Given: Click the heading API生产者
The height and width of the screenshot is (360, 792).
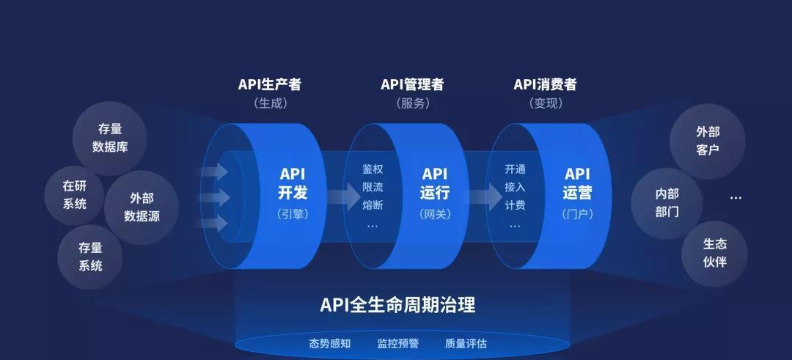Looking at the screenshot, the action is click(270, 84).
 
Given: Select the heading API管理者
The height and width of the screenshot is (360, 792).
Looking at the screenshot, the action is click(412, 84).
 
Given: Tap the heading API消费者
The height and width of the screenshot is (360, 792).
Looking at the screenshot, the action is click(545, 84).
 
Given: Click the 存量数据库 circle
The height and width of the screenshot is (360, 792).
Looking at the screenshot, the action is click(110, 139).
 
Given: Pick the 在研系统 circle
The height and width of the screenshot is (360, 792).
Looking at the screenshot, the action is click(74, 196).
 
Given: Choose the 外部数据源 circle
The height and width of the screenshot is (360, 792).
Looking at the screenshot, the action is click(142, 207).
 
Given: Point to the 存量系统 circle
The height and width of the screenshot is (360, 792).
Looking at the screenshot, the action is click(90, 257).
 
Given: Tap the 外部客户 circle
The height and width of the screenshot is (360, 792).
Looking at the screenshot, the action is click(707, 141).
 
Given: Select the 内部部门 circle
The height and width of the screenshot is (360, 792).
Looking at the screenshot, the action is click(667, 202).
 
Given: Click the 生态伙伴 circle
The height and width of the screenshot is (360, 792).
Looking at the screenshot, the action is click(715, 254).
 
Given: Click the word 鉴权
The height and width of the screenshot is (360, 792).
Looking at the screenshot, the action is click(373, 169).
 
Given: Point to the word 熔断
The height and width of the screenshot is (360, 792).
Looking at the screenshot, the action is click(373, 205).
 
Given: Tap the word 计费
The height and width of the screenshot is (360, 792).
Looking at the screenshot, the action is click(515, 205).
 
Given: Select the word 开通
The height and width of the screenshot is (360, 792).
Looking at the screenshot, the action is click(515, 169).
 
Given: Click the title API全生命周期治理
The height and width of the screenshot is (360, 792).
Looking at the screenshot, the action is click(397, 306).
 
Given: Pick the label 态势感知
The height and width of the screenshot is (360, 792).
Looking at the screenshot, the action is click(329, 344).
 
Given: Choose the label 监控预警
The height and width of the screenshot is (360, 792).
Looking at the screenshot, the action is click(397, 344).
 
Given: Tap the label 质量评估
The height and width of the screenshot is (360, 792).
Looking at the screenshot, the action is click(466, 344).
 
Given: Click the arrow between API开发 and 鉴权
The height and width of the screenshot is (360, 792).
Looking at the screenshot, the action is click(343, 196).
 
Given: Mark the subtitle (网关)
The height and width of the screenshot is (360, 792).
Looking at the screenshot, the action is click(435, 215).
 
